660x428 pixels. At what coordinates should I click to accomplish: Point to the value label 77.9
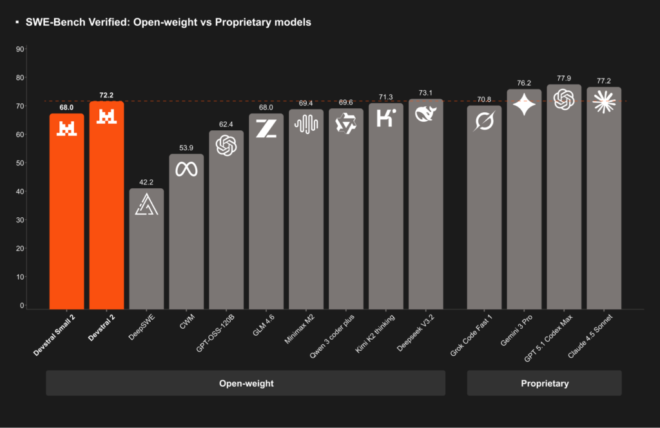point(564,79)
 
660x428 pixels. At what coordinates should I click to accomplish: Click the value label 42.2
point(146,182)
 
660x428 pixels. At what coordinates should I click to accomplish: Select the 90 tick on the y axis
point(38,49)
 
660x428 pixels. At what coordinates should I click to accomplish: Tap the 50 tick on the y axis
point(38,163)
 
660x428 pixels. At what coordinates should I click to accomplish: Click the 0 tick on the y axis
point(40,306)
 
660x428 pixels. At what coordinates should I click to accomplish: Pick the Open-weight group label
point(246,383)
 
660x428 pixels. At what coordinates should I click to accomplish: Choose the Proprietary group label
point(545,383)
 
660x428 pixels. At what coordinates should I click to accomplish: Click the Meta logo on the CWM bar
point(186,169)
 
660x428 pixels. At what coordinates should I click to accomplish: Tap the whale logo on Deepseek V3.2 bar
point(425,115)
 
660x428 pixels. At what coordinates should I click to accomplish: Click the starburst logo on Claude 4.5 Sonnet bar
point(604,102)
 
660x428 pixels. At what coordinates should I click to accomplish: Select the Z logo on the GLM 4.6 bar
point(266,128)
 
